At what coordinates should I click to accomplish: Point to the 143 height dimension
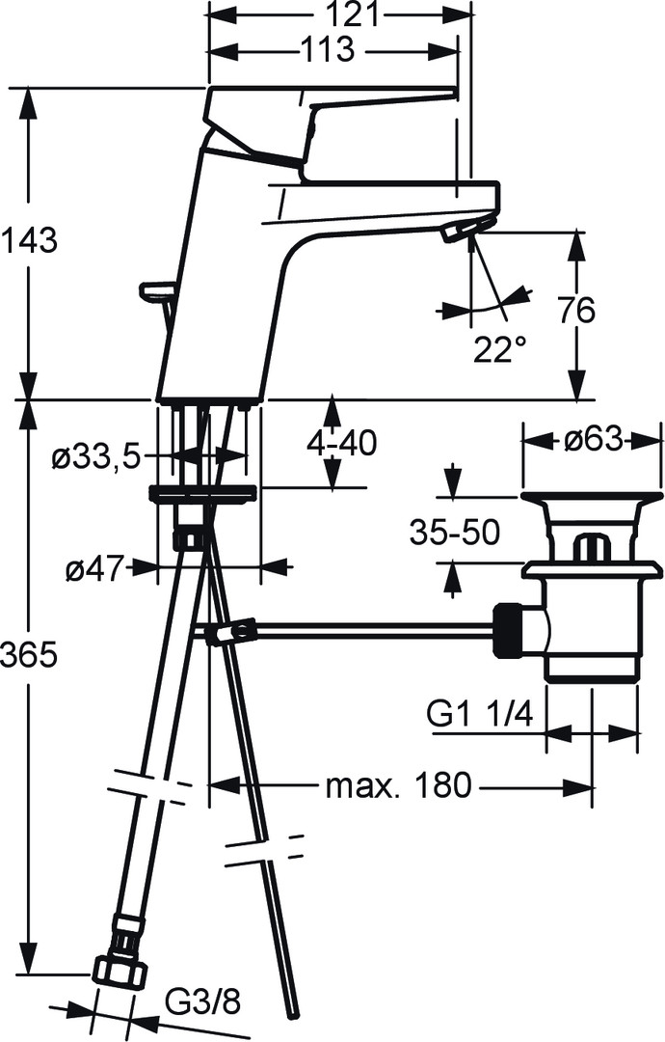coord(29,240)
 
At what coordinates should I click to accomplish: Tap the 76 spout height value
coord(576,311)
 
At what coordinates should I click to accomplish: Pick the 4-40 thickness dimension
coord(341,443)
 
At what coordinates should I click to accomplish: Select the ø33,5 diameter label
coord(97,457)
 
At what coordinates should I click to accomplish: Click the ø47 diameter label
coord(95,569)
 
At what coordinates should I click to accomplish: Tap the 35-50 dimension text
coord(454,532)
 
